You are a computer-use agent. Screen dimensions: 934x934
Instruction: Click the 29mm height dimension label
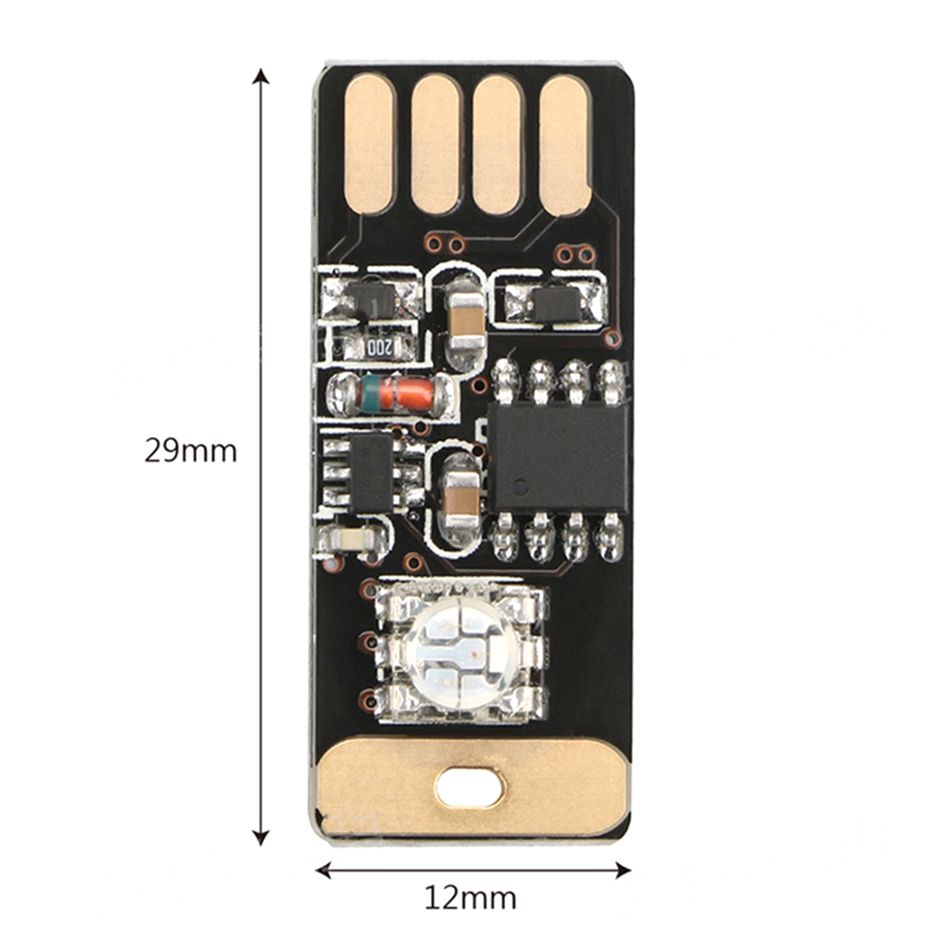click(x=190, y=450)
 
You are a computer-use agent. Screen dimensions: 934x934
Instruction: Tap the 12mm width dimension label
click(x=470, y=898)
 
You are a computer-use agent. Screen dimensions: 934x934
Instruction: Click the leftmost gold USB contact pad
click(x=370, y=144)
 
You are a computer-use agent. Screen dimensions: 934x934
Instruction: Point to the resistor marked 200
click(x=376, y=347)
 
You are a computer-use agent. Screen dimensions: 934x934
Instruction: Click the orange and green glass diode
click(x=391, y=394)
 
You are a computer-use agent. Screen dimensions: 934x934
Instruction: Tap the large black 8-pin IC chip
click(x=557, y=458)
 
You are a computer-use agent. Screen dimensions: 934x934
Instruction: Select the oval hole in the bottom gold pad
click(x=471, y=787)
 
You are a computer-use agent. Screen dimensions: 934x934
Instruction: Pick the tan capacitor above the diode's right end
click(x=466, y=322)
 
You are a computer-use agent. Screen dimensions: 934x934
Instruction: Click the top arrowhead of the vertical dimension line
click(x=260, y=76)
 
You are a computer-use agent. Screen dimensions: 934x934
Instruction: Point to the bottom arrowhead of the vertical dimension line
click(x=260, y=837)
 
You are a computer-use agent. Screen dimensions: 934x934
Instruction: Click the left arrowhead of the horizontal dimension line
click(x=324, y=870)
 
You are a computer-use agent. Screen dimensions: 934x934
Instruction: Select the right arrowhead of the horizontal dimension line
click(x=623, y=870)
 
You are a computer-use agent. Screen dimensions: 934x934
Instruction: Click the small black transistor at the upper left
click(x=370, y=299)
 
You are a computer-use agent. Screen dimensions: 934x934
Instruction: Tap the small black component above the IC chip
click(x=556, y=305)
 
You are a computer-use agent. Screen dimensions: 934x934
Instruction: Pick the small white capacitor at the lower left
click(x=351, y=540)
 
